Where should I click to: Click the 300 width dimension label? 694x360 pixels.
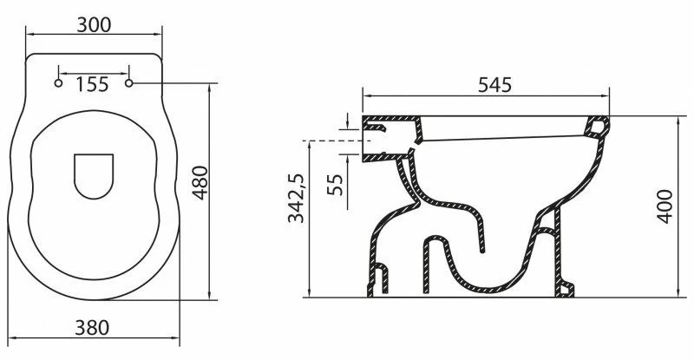pyautogui.click(x=95, y=24)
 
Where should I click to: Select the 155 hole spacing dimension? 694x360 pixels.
pyautogui.click(x=92, y=84)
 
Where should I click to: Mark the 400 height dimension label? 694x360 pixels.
pyautogui.click(x=665, y=206)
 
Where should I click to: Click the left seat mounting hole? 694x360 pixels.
pyautogui.click(x=58, y=84)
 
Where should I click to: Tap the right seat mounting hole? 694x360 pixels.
pyautogui.click(x=131, y=84)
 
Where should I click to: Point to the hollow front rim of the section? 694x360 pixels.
pyautogui.click(x=597, y=127)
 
